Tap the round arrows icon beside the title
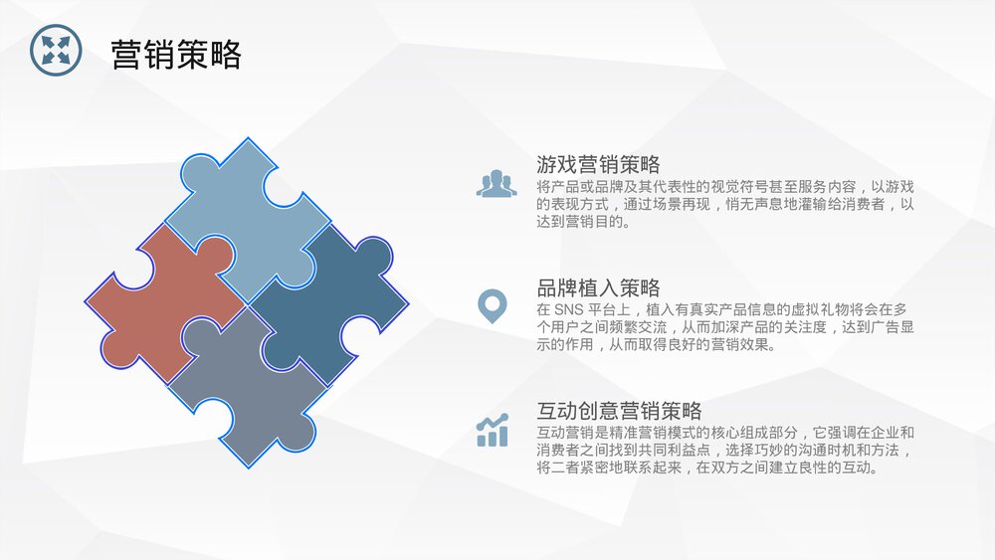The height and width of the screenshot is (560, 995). pyautogui.click(x=56, y=50)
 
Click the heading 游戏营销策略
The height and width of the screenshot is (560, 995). pyautogui.click(x=598, y=164)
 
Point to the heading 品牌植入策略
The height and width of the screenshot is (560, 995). pyautogui.click(x=598, y=288)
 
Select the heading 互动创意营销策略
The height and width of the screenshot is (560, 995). pyautogui.click(x=619, y=411)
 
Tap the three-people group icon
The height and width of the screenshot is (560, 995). pyautogui.click(x=496, y=184)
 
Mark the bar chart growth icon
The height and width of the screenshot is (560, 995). pyautogui.click(x=493, y=431)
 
